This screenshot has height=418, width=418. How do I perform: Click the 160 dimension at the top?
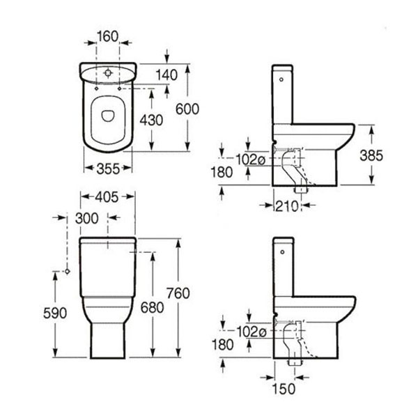107,36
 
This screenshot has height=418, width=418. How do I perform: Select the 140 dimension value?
167,75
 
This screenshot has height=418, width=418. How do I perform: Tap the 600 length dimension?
187,109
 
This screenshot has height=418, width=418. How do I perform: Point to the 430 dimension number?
151,120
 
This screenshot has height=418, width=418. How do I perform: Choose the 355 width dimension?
108,169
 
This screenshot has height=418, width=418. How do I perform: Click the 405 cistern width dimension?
107,197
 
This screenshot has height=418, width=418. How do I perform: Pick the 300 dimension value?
87,218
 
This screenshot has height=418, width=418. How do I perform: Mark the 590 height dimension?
55,313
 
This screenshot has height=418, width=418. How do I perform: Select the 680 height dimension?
152,308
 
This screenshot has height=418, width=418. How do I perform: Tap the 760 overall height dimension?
178,293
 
